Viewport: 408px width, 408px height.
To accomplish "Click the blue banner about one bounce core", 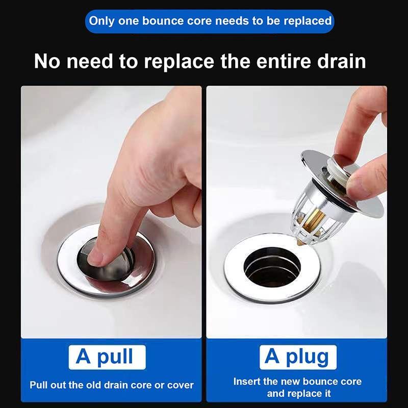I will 210,21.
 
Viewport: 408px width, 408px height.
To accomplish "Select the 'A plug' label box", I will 297,356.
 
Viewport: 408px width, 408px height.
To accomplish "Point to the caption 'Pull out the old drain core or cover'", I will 111,385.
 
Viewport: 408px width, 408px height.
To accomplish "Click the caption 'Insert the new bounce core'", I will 297,381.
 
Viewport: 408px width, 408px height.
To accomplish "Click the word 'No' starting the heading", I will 46,61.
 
